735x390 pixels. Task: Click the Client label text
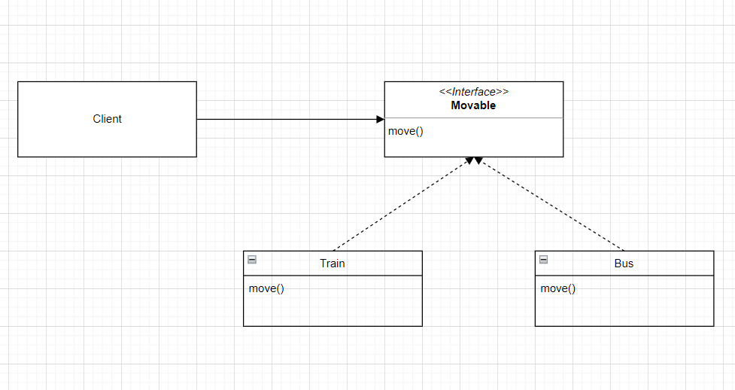point(107,119)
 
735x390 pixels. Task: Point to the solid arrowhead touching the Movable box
point(380,119)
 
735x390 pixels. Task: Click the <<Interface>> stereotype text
point(473,92)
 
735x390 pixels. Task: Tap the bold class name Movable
point(473,105)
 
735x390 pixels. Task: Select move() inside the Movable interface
point(405,132)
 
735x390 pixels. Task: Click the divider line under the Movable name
point(473,118)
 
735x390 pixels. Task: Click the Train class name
point(333,264)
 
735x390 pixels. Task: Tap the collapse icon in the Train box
point(252,260)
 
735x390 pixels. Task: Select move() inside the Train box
point(266,288)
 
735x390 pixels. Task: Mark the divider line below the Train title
point(333,276)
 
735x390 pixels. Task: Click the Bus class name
point(624,264)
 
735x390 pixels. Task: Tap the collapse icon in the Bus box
point(544,260)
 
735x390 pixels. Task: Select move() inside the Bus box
point(558,288)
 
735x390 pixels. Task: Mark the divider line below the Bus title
point(624,276)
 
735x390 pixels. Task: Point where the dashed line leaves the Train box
point(333,251)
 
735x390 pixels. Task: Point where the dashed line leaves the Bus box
point(624,251)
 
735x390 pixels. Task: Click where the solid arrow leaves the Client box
point(197,119)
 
